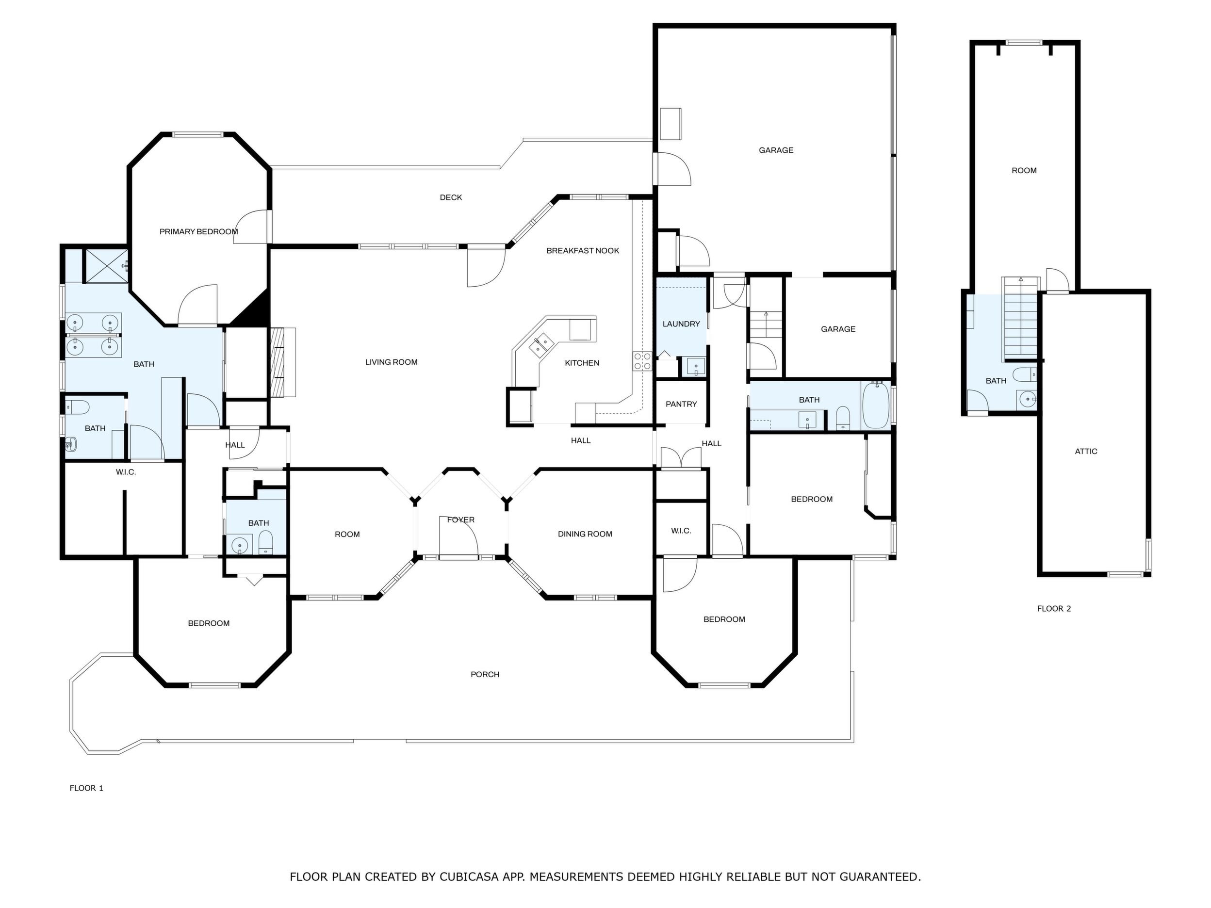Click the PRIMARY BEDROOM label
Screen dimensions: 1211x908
[x=199, y=231]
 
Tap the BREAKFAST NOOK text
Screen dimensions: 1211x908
[x=583, y=251]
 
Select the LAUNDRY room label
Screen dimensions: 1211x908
[x=681, y=324]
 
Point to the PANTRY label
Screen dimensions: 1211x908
[x=681, y=404]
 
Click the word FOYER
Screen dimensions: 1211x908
[x=461, y=519]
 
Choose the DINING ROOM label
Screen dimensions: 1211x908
[x=585, y=534]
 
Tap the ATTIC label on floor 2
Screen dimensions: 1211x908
[x=1086, y=451]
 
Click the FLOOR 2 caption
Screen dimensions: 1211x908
[x=1054, y=608]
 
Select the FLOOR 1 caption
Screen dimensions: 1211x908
[x=86, y=788]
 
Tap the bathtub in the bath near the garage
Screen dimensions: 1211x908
[x=876, y=405]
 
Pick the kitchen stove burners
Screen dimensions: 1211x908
[x=642, y=361]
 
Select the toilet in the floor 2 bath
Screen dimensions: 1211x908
[x=1024, y=375]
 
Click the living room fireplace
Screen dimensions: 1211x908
[x=283, y=362]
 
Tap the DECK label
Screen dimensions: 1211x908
[x=451, y=197]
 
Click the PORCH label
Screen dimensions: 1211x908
[x=485, y=674]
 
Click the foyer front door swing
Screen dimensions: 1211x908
[x=459, y=536]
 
